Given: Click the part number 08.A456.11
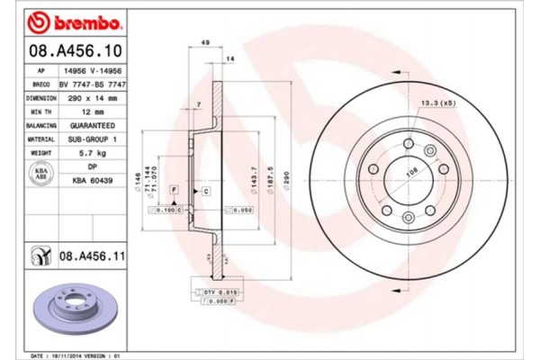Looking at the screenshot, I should point(90,257).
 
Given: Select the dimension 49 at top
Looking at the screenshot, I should point(205,43).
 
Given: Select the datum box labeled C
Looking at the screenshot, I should point(206,192).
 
